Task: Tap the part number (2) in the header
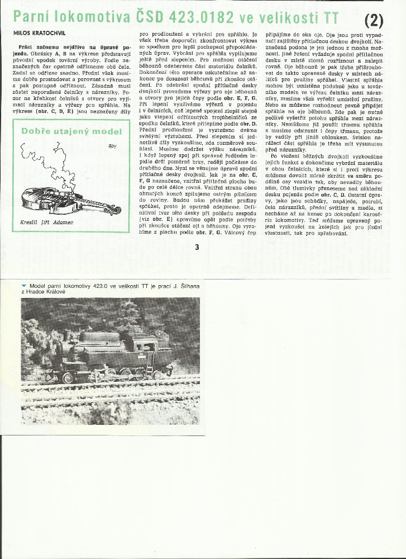[x=374, y=20]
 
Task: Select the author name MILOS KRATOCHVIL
[x=39, y=34]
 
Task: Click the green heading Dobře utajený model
[x=71, y=132]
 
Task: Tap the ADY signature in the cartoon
[x=112, y=146]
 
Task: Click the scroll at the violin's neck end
[x=117, y=211]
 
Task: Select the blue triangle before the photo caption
[x=23, y=286]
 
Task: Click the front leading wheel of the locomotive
[x=68, y=377]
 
